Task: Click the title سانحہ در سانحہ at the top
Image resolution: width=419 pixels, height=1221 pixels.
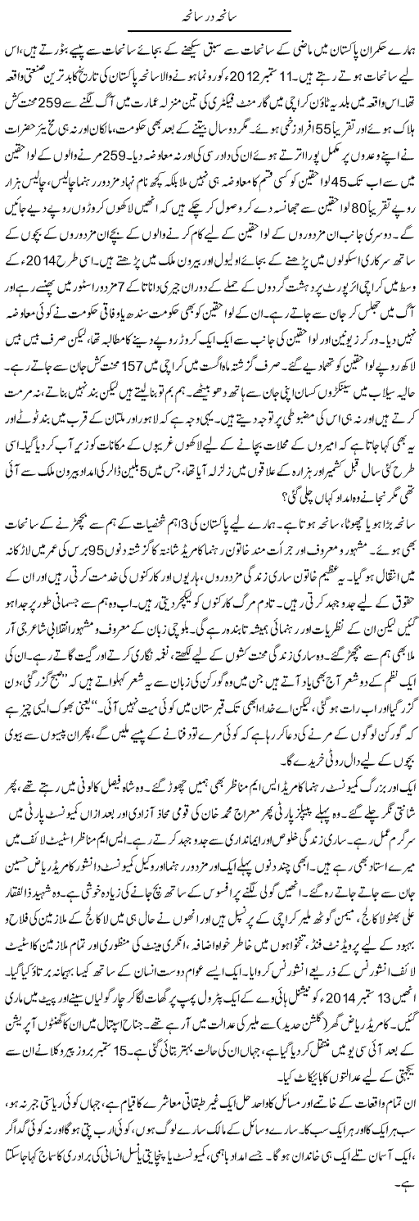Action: tap(208, 17)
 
